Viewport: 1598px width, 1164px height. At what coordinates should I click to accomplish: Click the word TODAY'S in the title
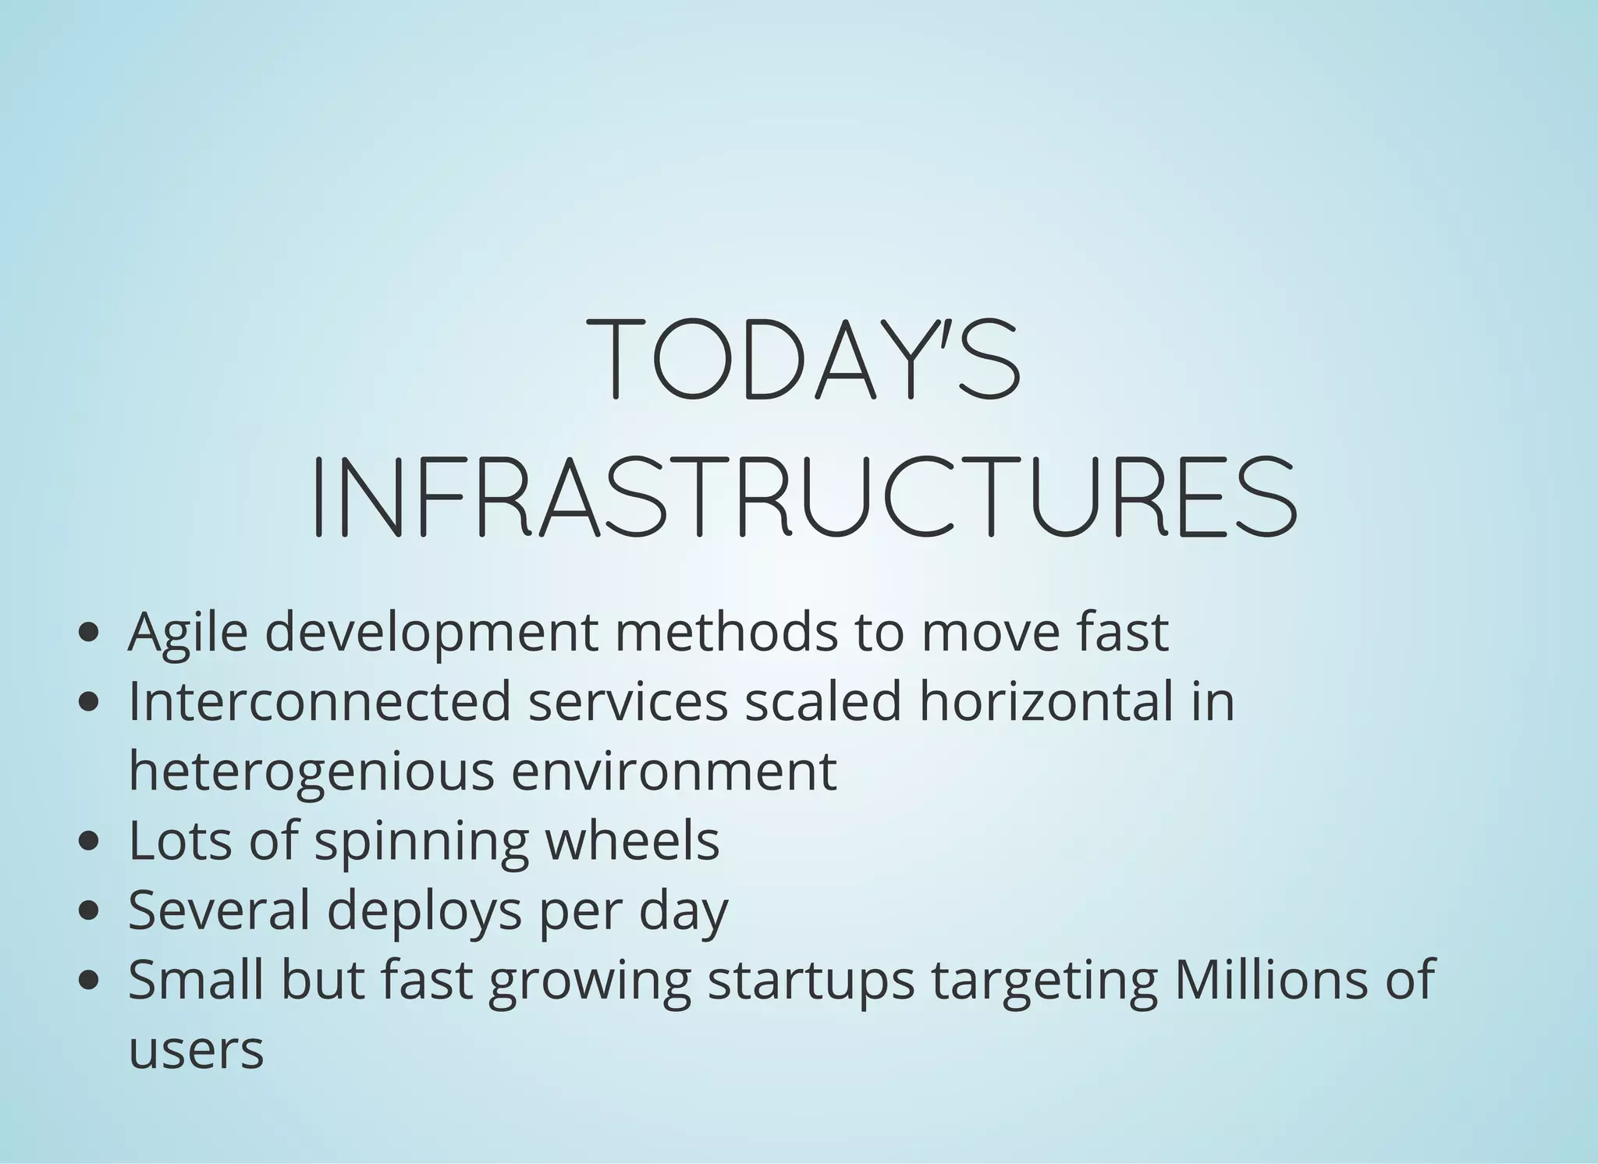click(x=804, y=360)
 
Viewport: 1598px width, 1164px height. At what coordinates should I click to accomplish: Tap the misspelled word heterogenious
click(x=311, y=771)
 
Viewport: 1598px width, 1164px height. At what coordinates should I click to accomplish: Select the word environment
click(x=674, y=771)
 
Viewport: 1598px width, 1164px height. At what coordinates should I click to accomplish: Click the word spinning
click(x=421, y=842)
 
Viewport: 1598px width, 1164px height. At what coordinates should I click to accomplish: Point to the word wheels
click(x=632, y=840)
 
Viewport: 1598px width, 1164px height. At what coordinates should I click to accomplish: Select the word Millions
click(x=1271, y=979)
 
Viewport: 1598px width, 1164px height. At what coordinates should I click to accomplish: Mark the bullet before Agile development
click(x=90, y=633)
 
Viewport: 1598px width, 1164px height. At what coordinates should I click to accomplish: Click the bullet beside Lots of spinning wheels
click(x=90, y=842)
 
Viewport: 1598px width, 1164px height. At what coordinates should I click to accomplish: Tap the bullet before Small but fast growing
click(x=90, y=981)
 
